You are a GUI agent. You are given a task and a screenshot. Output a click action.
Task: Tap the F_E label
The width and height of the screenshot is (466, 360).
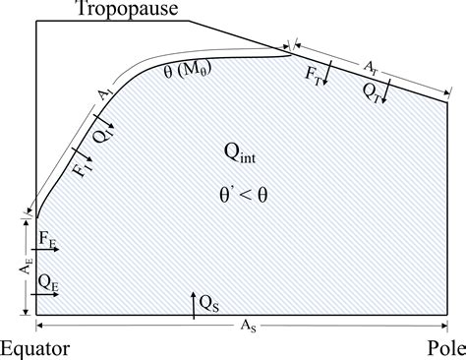tap(47, 238)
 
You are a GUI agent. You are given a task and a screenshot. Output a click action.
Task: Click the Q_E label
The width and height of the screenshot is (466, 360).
tap(48, 280)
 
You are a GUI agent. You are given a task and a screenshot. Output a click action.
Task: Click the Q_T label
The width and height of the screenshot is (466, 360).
tap(372, 90)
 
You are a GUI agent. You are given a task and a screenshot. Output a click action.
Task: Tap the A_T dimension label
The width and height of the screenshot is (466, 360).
tap(370, 66)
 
